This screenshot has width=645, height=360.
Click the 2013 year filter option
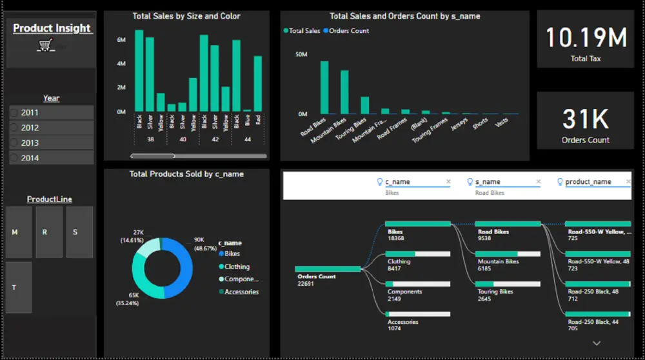(x=30, y=143)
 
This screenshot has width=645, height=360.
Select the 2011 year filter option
(x=30, y=112)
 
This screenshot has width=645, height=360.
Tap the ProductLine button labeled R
(x=45, y=232)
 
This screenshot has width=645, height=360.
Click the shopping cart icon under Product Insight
(x=45, y=45)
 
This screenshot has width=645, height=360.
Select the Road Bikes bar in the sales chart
(x=324, y=87)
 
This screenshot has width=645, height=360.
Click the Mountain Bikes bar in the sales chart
(x=344, y=92)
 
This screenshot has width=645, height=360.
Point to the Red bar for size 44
(x=258, y=84)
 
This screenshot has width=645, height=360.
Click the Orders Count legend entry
(x=348, y=30)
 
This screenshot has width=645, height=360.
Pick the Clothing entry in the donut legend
(x=236, y=266)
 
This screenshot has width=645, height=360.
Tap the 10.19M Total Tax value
(x=586, y=38)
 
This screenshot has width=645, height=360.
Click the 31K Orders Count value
(x=586, y=119)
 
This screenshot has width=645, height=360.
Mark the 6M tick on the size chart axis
(x=121, y=40)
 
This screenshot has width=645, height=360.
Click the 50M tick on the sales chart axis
(x=301, y=55)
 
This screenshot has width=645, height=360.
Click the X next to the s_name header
(x=539, y=182)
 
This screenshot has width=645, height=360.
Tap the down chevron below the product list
(x=596, y=343)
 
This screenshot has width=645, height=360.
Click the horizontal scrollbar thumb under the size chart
(x=152, y=155)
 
